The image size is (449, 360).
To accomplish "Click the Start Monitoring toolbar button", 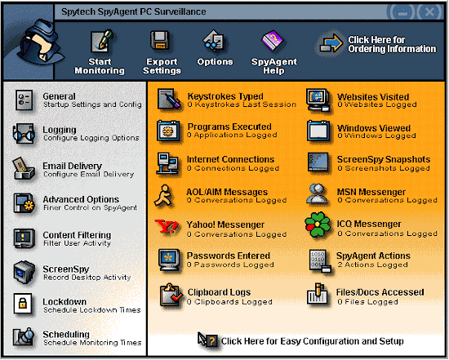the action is [100, 52].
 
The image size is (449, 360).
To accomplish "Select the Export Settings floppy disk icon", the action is [160, 41].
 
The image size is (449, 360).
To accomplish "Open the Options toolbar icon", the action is [214, 41].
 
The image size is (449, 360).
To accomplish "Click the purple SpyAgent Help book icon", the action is [273, 41].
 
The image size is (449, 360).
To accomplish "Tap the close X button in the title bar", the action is [429, 12].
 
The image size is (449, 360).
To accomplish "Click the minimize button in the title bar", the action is [402, 12].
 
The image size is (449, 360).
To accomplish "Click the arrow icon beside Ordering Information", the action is [331, 44].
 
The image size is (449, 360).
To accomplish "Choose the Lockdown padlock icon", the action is [23, 304].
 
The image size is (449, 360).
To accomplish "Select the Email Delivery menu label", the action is [72, 166].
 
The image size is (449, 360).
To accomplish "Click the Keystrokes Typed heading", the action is [225, 96].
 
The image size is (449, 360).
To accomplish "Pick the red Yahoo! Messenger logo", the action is [167, 226].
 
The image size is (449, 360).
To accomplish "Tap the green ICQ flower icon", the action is [318, 224].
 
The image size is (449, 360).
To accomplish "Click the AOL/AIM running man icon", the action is [164, 196].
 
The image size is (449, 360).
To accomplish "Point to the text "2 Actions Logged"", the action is [372, 264].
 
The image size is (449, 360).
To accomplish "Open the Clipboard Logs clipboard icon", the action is [171, 296].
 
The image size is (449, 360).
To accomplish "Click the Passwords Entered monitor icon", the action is [169, 260].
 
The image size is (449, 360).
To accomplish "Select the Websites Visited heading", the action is [373, 97].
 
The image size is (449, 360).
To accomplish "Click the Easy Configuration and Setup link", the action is [312, 341].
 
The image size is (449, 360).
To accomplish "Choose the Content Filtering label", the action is [77, 235].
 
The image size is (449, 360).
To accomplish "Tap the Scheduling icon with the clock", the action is [24, 337].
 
